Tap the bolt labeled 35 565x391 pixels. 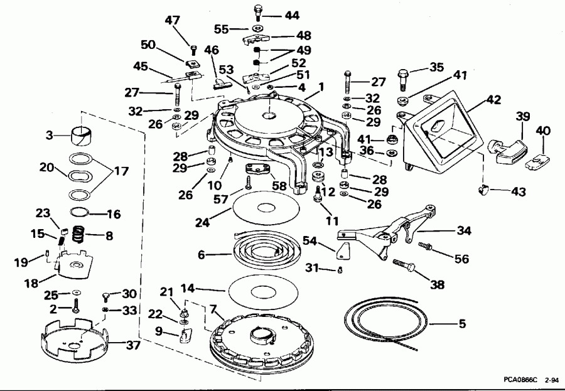point(403,79)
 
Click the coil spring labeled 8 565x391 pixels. point(77,237)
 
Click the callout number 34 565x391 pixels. point(464,231)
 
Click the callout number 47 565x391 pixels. point(173,21)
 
